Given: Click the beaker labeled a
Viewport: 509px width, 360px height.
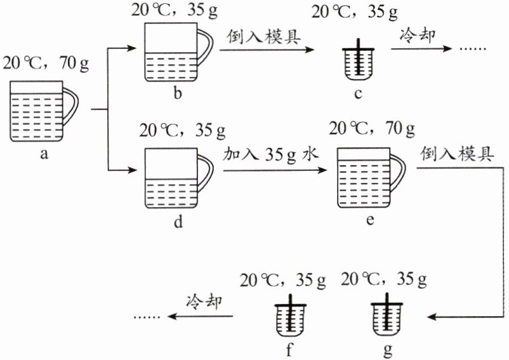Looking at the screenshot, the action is coord(36,112).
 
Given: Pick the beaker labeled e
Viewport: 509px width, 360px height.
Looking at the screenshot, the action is coord(363,177).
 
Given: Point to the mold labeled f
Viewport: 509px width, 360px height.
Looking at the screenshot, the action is coord(291,317).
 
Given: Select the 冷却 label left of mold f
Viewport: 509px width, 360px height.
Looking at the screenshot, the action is coord(204,301).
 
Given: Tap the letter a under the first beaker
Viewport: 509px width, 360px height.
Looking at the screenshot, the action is coord(44,154).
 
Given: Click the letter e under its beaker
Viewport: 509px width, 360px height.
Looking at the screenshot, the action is coord(370,220).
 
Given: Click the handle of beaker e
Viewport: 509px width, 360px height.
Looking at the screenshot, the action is coord(399,175).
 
